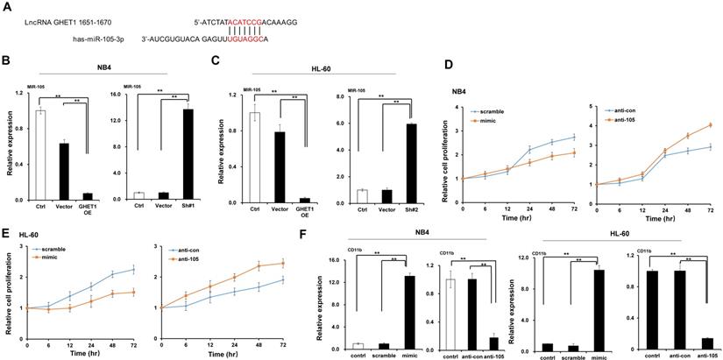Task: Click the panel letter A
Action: tap(6, 7)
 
